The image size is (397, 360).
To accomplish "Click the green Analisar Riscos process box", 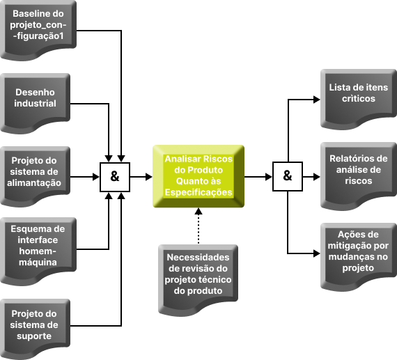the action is pos(198,176).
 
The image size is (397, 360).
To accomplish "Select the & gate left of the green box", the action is pos(115,177).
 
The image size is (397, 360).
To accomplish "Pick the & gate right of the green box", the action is pos(288,176).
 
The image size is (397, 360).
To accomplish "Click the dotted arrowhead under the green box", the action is pos(198,212).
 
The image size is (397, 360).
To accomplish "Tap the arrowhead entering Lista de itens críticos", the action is pos(317,100).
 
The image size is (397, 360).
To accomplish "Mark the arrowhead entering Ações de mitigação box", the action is pos(317,253).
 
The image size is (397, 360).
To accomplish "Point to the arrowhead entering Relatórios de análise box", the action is pos(317,177).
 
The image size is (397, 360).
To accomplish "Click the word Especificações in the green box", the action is pos(198,192).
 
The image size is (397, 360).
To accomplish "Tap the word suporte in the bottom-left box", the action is pos(34,336).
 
